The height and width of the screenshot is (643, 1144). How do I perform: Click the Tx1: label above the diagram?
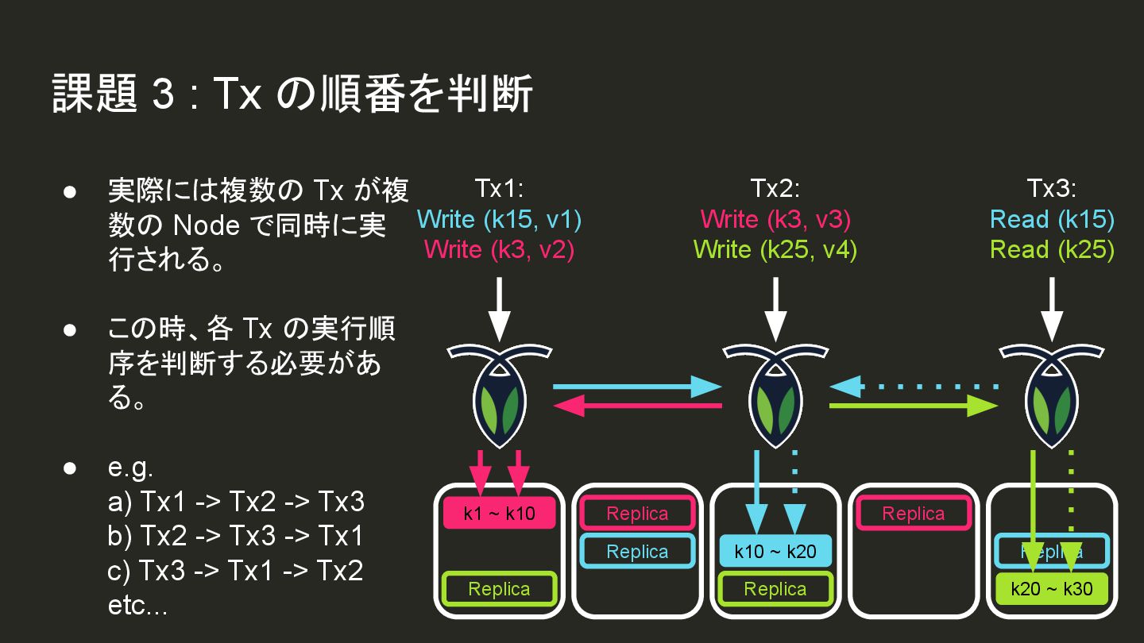(x=499, y=189)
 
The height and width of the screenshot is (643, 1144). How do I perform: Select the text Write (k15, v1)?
(x=499, y=219)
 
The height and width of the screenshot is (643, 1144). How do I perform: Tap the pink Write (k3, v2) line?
(x=499, y=249)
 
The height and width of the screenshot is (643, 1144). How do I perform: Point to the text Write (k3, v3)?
(x=775, y=219)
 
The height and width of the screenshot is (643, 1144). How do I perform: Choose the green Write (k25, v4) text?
(x=775, y=249)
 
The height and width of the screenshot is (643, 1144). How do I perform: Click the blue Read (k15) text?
(x=1052, y=219)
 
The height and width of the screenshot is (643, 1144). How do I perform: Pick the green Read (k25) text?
(x=1052, y=249)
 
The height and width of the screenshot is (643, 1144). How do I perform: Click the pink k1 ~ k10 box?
(x=499, y=514)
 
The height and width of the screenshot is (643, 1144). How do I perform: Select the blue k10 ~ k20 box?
(x=775, y=551)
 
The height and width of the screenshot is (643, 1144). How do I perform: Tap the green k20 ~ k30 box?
(x=1051, y=589)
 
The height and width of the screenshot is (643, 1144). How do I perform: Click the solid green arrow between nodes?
(x=913, y=406)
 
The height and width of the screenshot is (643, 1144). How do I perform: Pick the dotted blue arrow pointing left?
(x=913, y=387)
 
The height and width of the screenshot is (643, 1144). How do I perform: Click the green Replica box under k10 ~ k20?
(x=775, y=589)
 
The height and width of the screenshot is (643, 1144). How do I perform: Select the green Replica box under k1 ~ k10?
(x=499, y=589)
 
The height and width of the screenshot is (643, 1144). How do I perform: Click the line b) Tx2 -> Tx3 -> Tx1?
(x=235, y=537)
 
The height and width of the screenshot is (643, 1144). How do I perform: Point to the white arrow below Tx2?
(x=775, y=310)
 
